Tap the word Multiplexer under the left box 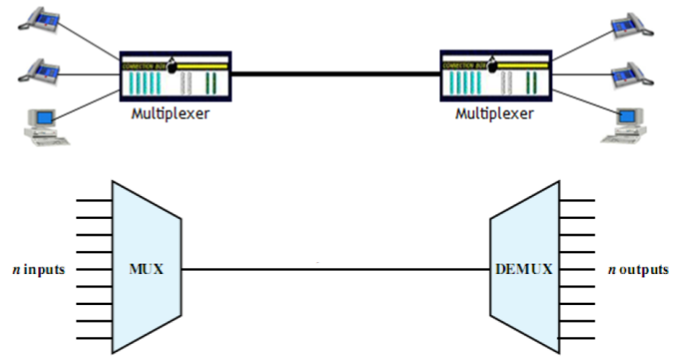pos(170,113)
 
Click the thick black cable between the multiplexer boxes pos(335,75)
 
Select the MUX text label pos(146,268)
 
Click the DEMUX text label pos(523,268)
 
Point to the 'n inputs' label pos(37,269)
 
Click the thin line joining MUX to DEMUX pos(335,269)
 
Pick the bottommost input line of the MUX pos(94,338)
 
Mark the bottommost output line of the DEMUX pos(577,338)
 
